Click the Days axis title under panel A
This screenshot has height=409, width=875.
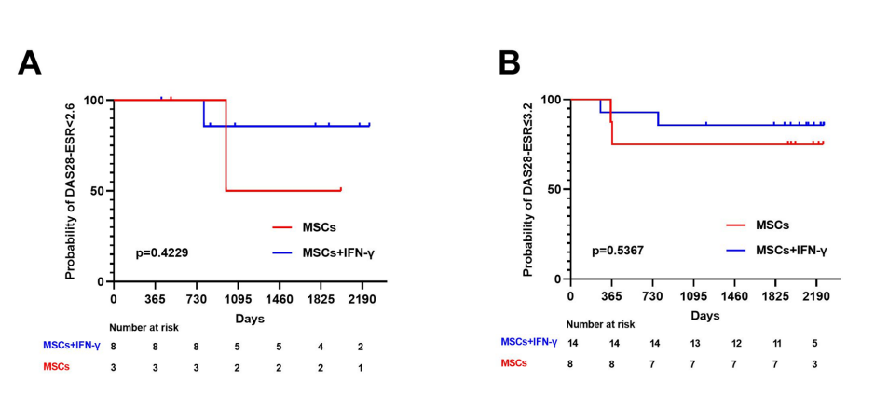(249, 319)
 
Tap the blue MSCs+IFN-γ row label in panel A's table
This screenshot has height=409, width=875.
(71, 346)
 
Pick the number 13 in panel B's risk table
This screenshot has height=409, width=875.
(693, 343)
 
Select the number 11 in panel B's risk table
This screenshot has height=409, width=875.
(776, 343)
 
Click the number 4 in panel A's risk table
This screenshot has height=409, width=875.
(320, 347)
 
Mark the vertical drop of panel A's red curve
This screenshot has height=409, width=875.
(226, 144)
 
